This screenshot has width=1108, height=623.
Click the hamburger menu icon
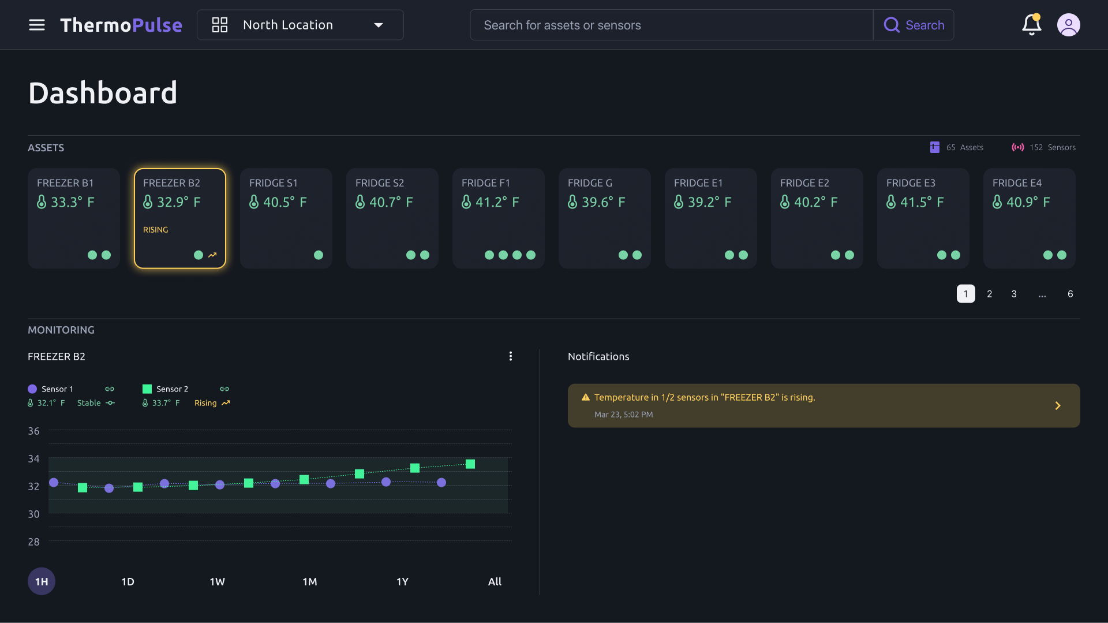point(37,25)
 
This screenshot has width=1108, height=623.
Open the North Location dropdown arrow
point(379,25)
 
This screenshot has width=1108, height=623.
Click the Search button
point(914,25)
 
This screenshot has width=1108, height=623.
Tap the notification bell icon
point(1031,25)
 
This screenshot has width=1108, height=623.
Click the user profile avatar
point(1068,25)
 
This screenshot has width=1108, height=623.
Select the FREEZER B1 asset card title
point(65,183)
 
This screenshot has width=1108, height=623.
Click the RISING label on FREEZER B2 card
point(156,230)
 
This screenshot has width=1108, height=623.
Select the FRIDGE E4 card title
point(1017,183)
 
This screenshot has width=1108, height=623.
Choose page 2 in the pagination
point(989,294)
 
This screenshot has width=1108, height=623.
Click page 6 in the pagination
point(1070,294)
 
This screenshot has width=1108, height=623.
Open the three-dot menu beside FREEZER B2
point(511,356)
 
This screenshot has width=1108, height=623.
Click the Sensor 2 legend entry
point(172,389)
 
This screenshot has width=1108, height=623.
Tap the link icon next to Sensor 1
point(110,389)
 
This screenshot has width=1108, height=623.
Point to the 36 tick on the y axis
point(34,431)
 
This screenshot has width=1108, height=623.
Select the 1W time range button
point(218,581)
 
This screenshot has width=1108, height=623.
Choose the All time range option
point(495,581)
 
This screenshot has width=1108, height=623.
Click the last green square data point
point(470,464)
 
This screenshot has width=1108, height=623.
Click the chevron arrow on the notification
point(1058,406)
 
